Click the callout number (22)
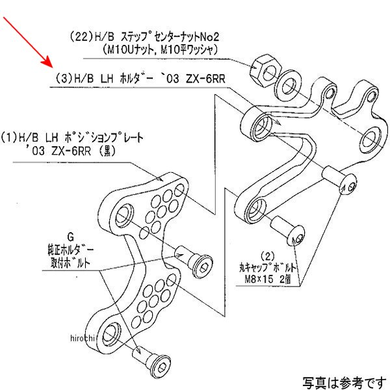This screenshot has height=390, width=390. (x=81, y=37)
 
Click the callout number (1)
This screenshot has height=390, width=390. (x=9, y=138)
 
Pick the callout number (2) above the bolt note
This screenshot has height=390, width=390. (x=268, y=256)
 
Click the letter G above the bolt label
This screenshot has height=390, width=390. (x=70, y=237)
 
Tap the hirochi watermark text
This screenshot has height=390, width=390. (x=83, y=338)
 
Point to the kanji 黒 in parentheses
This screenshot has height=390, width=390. (x=107, y=151)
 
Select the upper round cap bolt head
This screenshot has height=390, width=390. (x=348, y=185)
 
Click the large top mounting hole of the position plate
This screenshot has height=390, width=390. (x=124, y=214)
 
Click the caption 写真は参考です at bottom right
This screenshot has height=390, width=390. (x=344, y=383)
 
